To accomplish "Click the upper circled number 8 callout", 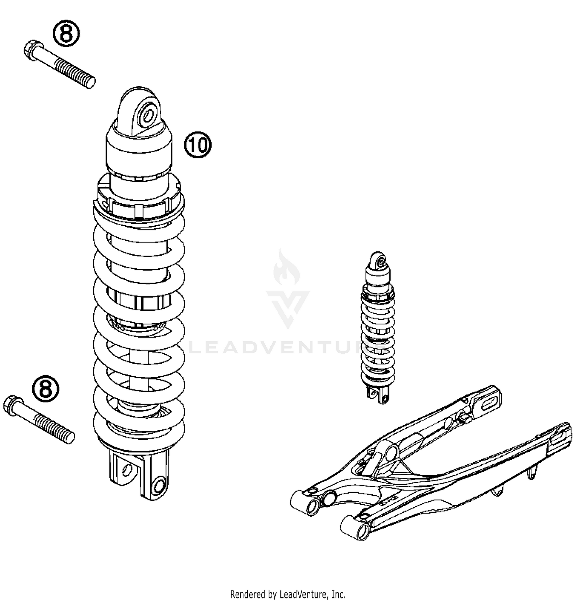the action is click(66, 33).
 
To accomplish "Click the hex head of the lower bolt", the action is click(12, 405).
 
